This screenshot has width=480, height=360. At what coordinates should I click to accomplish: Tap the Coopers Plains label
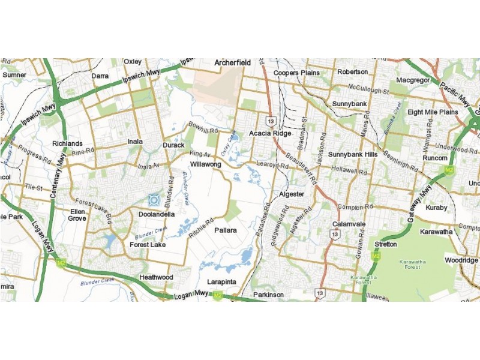pyautogui.click(x=296, y=73)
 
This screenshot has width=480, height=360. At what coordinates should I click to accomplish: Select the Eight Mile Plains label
pyautogui.click(x=433, y=112)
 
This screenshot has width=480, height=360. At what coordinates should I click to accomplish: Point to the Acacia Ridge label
pyautogui.click(x=270, y=133)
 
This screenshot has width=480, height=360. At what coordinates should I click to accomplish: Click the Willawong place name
pyautogui.click(x=206, y=164)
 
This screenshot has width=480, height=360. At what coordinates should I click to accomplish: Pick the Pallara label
pyautogui.click(x=226, y=230)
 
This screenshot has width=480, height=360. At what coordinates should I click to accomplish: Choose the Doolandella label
pyautogui.click(x=156, y=214)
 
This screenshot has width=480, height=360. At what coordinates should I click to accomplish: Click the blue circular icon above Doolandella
pyautogui.click(x=154, y=199)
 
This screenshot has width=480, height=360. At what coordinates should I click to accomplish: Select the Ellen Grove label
pyautogui.click(x=77, y=215)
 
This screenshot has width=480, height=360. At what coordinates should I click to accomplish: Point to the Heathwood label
pyautogui.click(x=156, y=277)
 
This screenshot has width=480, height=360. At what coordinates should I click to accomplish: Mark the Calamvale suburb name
pyautogui.click(x=349, y=224)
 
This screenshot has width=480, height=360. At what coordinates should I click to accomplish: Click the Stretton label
pyautogui.click(x=385, y=244)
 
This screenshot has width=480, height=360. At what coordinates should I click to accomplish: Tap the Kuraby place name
pyautogui.click(x=436, y=208)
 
